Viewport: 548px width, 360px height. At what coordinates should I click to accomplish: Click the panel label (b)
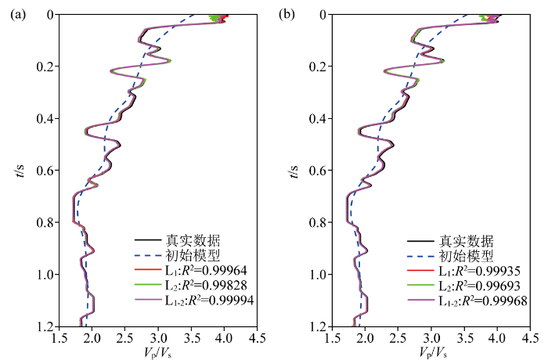[289, 15]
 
